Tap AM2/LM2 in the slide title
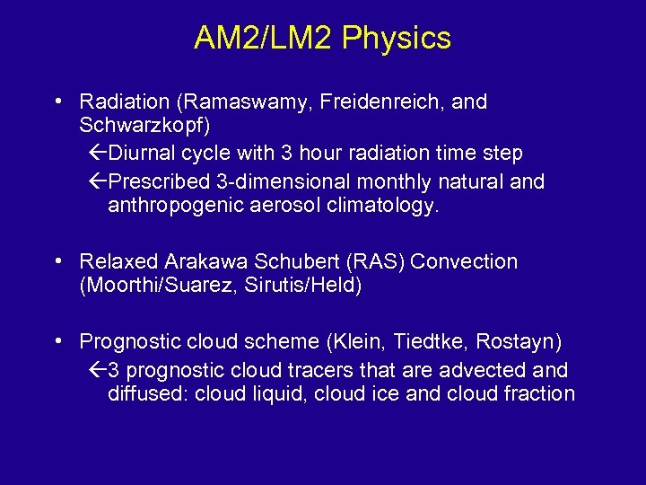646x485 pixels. pyautogui.click(x=265, y=39)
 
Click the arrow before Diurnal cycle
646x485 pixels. pyautogui.click(x=99, y=154)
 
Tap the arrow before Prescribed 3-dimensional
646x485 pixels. pyautogui.click(x=99, y=182)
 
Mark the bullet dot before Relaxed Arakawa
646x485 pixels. pyautogui.click(x=57, y=262)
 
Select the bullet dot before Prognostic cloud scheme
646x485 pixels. pyautogui.click(x=57, y=342)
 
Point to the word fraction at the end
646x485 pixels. pyautogui.click(x=541, y=393)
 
